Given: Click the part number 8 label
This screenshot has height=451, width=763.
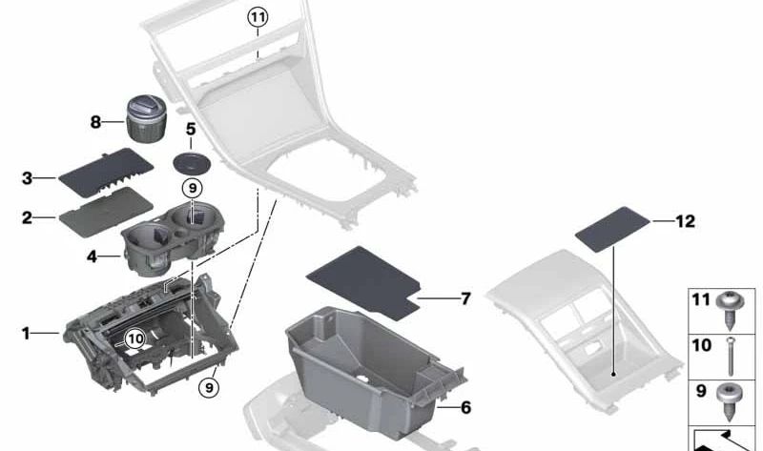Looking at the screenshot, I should point(95,122).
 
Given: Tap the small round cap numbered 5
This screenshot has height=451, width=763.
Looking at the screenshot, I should point(191,161).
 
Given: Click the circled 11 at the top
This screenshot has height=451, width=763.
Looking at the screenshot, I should point(258,16).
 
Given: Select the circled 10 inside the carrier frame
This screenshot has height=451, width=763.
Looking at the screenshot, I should point(134,337).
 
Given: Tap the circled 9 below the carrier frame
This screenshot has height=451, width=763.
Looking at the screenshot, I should point(209,387).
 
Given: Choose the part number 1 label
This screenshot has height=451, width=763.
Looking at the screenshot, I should point(26,333).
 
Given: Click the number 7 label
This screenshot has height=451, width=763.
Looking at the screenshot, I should point(465,299).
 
